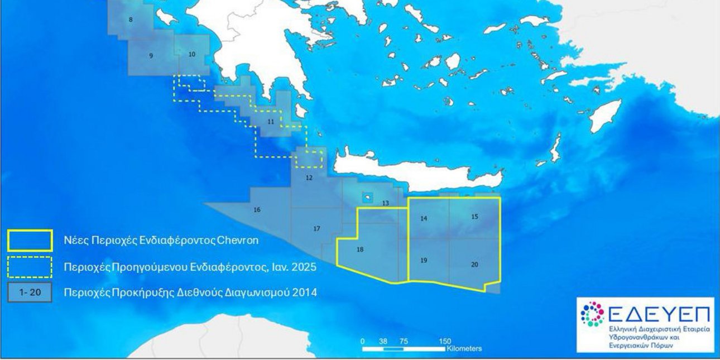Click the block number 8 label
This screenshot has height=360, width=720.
pyautogui.click(x=131, y=20)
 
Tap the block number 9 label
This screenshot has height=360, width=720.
pyautogui.click(x=151, y=56)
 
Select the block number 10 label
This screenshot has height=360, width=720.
pyautogui.click(x=191, y=54)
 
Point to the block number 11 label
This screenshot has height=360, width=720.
pyautogui.click(x=271, y=121)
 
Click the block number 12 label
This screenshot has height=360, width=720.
pyautogui.click(x=309, y=177)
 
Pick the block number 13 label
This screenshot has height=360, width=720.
pyautogui.click(x=386, y=203)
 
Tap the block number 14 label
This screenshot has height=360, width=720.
pyautogui.click(x=424, y=219)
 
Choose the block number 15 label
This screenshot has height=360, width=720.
pyautogui.click(x=474, y=216)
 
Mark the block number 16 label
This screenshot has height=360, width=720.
pyautogui.click(x=257, y=210)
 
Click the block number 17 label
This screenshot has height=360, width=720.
pyautogui.click(x=316, y=229)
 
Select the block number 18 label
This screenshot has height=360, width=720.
pyautogui.click(x=360, y=249)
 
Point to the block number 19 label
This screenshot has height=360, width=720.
pyautogui.click(x=424, y=260)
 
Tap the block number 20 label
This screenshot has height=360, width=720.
pyautogui.click(x=474, y=265)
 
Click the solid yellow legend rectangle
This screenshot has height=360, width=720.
pyautogui.click(x=30, y=240)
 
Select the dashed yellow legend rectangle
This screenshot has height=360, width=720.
pyautogui.click(x=30, y=267)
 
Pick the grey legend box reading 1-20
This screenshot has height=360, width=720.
pyautogui.click(x=30, y=292)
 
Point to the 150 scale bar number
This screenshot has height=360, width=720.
pyautogui.click(x=445, y=341)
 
